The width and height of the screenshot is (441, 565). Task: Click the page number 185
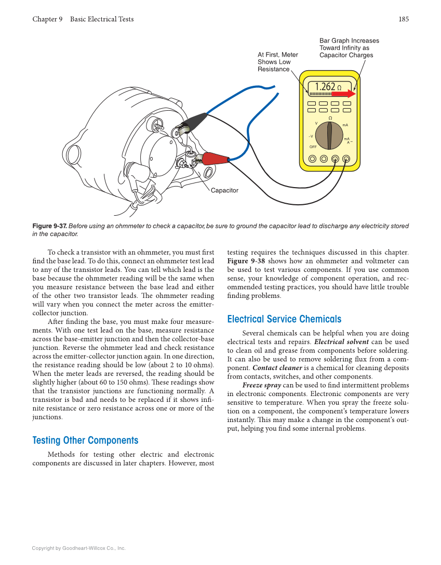404,19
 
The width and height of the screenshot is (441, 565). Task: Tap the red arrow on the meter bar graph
344,94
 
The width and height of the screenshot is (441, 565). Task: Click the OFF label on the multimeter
313,147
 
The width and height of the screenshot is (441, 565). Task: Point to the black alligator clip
191,123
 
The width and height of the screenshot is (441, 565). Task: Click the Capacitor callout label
224,191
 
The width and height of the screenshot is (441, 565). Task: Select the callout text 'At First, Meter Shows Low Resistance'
277,62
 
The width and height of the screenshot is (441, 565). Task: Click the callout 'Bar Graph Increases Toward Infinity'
349,48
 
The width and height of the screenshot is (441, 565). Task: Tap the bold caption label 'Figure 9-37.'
49,226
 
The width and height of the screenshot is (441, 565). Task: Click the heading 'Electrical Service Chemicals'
284,319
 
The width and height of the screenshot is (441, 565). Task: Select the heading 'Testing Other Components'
85,440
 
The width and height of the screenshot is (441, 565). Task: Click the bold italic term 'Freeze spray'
261,385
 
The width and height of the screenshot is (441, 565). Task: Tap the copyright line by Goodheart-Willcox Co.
78,548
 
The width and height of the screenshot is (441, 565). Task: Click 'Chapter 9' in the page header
47,19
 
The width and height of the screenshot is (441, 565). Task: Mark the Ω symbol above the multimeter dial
330,119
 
